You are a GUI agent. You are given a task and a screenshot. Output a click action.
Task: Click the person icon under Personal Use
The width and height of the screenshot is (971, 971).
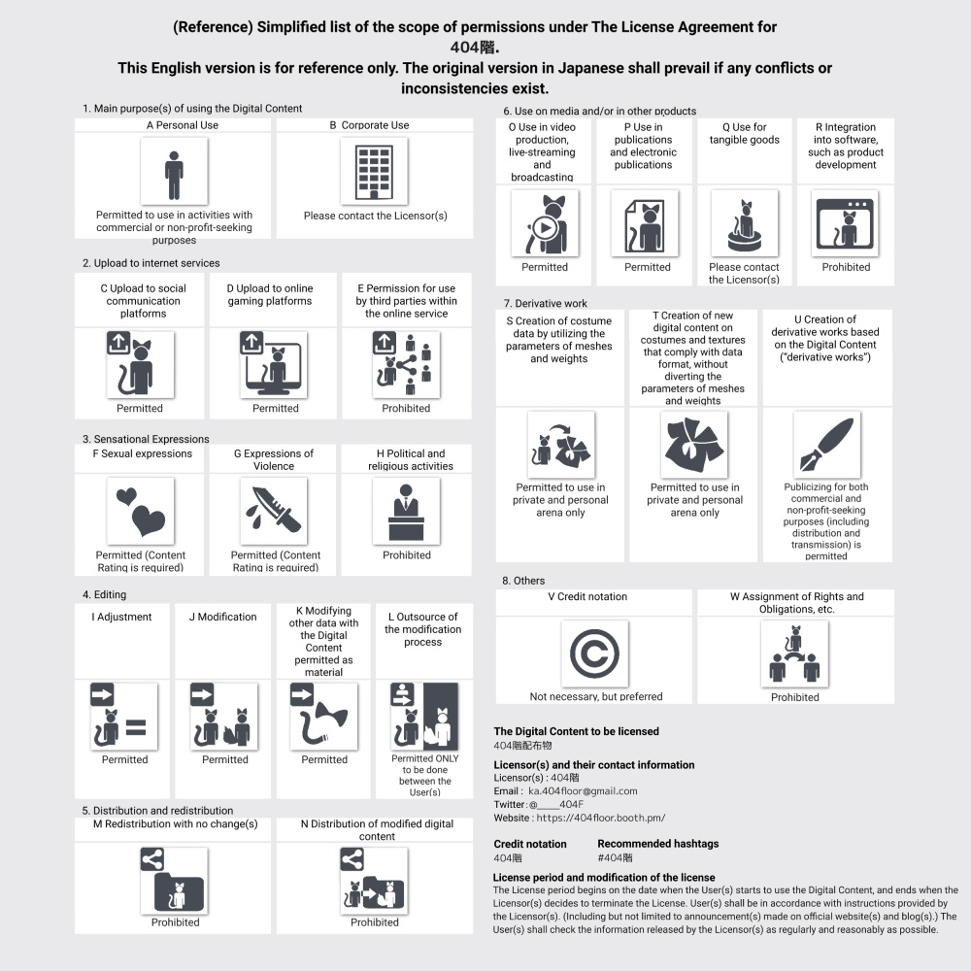[174, 172]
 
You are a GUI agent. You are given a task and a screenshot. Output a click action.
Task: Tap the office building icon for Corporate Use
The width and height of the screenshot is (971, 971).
[374, 172]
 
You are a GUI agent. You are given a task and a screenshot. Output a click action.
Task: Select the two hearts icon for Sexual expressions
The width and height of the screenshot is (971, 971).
[140, 511]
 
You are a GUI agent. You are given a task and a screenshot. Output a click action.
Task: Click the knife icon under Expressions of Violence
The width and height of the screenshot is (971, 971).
[273, 511]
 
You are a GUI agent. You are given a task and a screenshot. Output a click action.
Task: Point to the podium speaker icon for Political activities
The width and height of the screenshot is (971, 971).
[406, 511]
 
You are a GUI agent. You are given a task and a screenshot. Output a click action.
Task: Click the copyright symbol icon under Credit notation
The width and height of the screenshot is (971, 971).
[595, 653]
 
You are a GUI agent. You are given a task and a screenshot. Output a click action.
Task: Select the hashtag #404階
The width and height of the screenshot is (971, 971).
[615, 858]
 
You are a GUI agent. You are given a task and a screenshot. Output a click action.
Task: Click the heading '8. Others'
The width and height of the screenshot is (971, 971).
[523, 581]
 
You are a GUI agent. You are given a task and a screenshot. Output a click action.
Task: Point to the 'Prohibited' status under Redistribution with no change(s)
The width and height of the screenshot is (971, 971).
[175, 922]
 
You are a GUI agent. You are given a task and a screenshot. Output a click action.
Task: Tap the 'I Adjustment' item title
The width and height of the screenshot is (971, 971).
[122, 617]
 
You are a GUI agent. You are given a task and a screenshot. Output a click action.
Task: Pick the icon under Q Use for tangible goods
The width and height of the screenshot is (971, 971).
[744, 222]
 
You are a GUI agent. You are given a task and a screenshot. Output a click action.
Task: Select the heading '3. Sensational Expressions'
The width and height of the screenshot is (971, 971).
[146, 439]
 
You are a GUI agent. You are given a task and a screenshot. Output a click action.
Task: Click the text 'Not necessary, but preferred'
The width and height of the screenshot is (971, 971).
[596, 696]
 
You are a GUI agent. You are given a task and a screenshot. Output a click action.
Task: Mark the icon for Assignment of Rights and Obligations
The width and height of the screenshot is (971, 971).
[795, 653]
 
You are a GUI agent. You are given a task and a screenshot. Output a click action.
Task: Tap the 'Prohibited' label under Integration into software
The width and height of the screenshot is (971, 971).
[846, 267]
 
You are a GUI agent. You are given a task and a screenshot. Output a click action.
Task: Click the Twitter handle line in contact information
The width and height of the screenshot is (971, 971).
[539, 805]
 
